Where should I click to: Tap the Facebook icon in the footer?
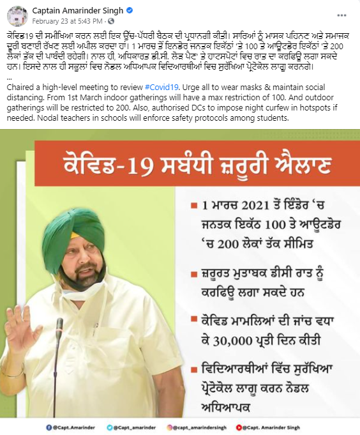49,427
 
